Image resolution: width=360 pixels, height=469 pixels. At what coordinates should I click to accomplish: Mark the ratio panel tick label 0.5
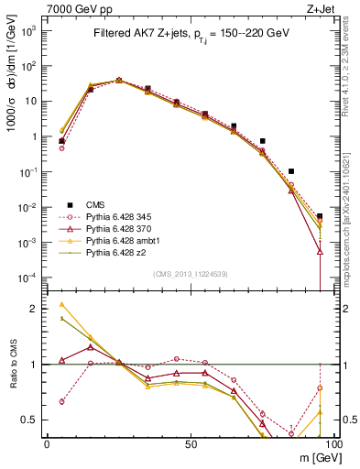point(30,420)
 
